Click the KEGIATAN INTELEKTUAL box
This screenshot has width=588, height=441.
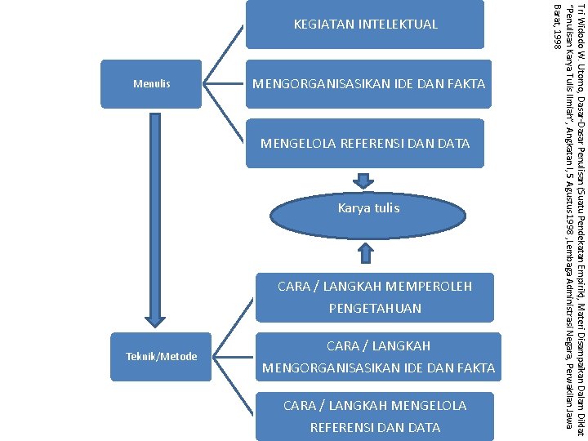(365, 24)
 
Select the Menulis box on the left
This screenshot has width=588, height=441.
(151, 83)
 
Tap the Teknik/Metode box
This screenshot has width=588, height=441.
(162, 356)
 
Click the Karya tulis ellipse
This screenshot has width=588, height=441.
(368, 208)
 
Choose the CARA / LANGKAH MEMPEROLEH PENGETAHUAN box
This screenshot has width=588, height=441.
(374, 296)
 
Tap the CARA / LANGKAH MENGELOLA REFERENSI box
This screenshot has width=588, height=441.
(374, 416)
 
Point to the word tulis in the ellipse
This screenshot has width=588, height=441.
(386, 208)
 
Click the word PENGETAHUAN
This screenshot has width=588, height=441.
(375, 309)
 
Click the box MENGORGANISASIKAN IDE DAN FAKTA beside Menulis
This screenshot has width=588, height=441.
(368, 83)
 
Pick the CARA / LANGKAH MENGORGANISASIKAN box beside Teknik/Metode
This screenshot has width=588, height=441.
(378, 357)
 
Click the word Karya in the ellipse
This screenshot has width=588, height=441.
(353, 208)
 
